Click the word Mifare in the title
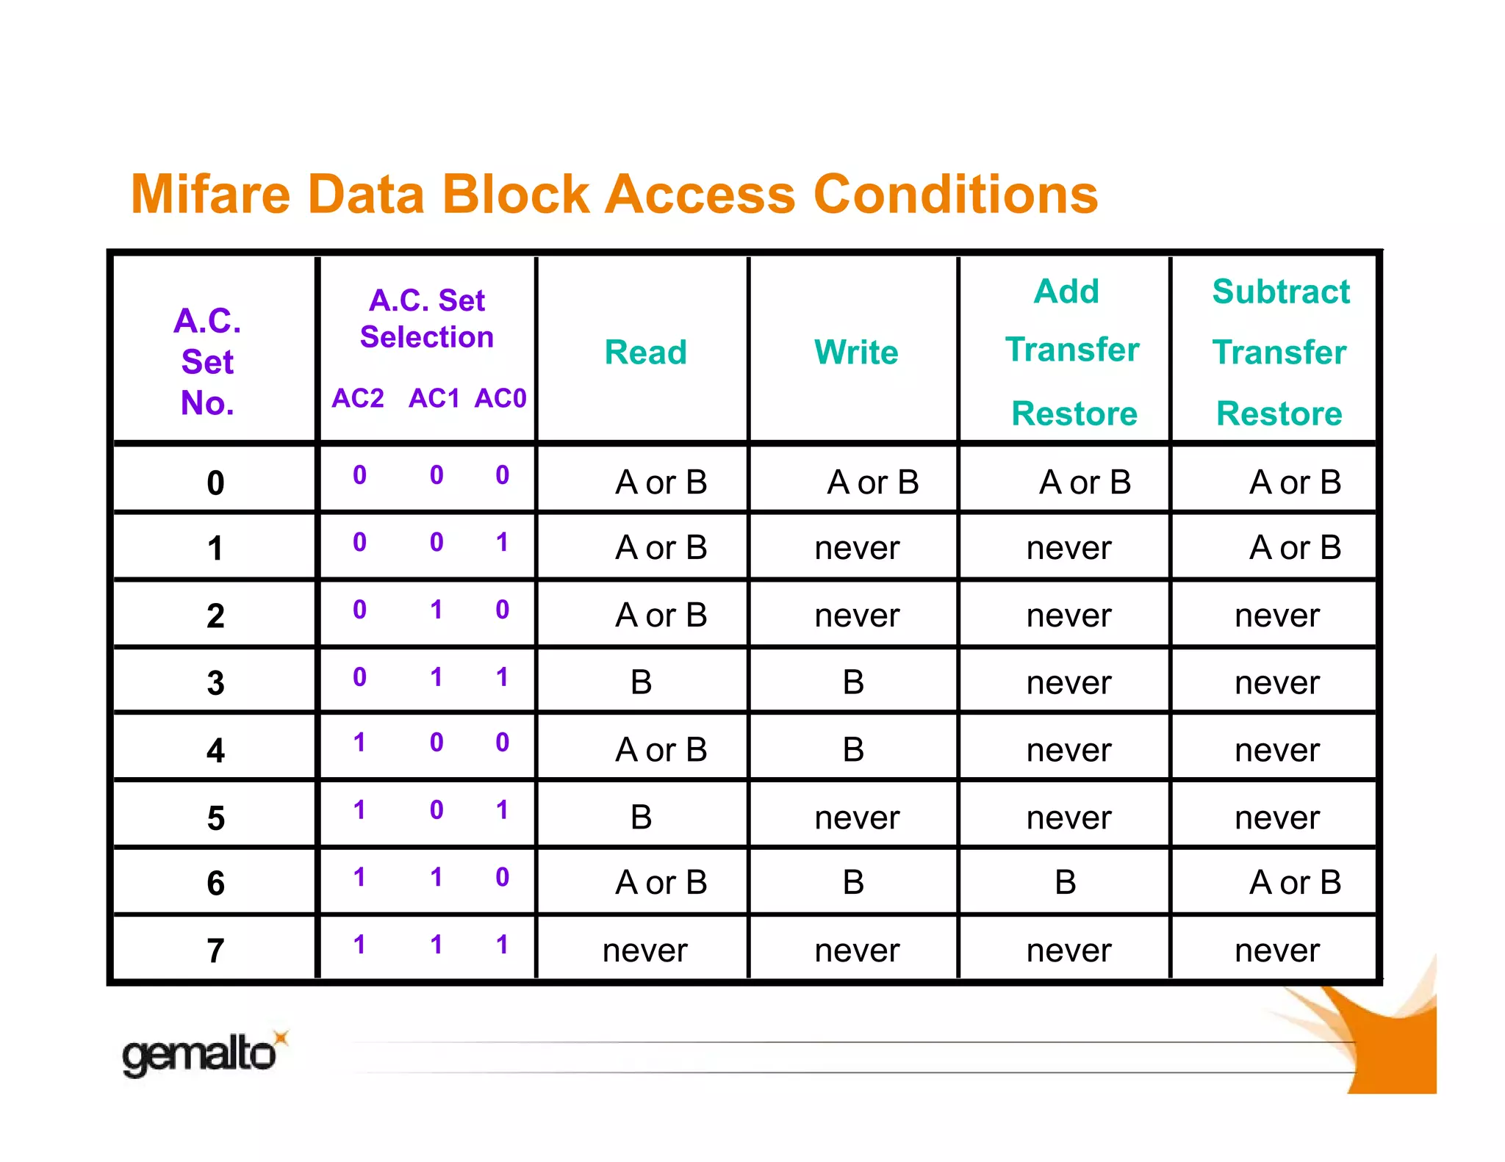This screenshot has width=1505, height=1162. (x=211, y=195)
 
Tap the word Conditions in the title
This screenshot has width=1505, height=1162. (x=955, y=195)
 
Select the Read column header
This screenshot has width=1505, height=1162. (x=645, y=353)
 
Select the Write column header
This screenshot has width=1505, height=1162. (x=856, y=353)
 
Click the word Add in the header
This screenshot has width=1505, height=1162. (x=1066, y=292)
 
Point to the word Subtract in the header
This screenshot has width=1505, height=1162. (x=1281, y=292)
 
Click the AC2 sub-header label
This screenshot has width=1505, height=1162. (x=358, y=398)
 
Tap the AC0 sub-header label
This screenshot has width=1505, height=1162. (x=500, y=398)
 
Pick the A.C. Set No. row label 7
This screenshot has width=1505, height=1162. (x=215, y=950)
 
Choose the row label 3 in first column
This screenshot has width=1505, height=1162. (x=215, y=682)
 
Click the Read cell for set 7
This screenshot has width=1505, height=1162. (x=644, y=950)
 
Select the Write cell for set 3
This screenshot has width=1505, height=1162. (x=853, y=682)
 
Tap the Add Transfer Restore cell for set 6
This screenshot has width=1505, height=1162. (x=1065, y=882)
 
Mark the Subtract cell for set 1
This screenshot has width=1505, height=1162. (x=1295, y=548)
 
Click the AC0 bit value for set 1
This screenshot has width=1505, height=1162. (x=502, y=542)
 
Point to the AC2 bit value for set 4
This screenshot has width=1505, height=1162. (x=359, y=743)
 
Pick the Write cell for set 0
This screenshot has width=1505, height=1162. (x=872, y=483)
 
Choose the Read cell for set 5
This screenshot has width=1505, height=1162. (x=641, y=817)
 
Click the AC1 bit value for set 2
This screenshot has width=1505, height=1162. (x=437, y=610)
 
